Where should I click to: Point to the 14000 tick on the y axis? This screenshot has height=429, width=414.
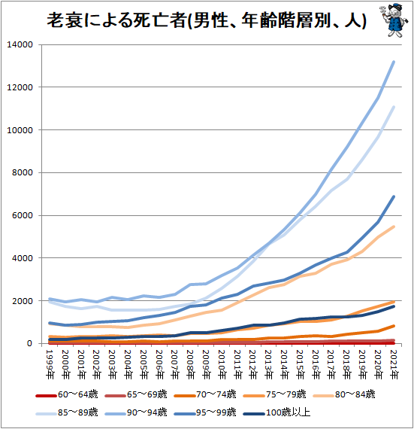coord(21,44)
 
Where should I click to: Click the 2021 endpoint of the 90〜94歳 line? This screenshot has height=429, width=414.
coord(394,62)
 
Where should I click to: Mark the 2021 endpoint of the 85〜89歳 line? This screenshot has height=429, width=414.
coord(394,108)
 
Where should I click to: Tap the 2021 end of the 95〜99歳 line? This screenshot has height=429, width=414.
coord(394,197)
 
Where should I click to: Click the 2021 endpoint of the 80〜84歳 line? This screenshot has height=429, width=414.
coord(394,227)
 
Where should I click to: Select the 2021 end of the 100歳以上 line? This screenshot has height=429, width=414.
coord(394,306)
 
